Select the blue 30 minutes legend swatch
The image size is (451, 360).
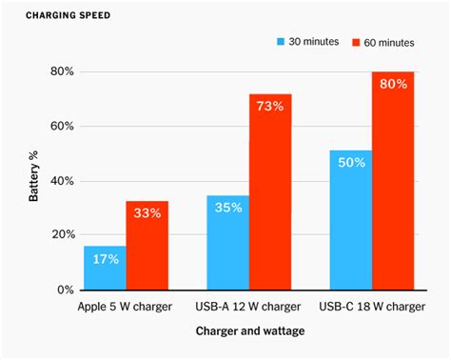282,42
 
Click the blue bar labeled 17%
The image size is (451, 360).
105,268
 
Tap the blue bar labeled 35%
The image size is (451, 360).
228,243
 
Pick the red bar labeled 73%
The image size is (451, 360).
270,191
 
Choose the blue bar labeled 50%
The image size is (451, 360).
351,220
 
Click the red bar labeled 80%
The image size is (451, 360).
393,181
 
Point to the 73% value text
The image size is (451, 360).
270,107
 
